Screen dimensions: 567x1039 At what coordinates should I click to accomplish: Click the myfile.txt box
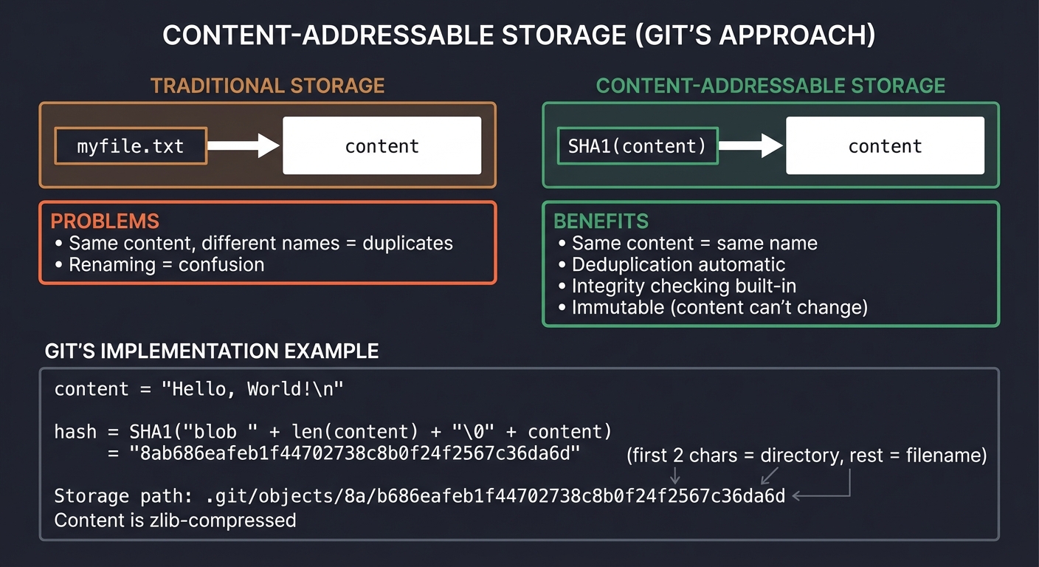tap(131, 146)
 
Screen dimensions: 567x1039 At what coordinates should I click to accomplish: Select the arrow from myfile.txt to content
tap(243, 145)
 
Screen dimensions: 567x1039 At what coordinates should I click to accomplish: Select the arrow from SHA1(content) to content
tap(750, 145)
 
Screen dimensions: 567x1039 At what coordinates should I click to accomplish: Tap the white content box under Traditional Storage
tap(382, 146)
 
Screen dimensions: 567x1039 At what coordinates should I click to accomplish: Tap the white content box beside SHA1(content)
tap(885, 146)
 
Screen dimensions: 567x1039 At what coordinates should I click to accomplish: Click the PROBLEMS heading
tap(105, 221)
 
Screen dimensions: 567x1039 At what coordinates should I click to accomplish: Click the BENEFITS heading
tap(601, 221)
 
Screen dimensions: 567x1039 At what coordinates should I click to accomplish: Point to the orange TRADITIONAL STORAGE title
tap(268, 86)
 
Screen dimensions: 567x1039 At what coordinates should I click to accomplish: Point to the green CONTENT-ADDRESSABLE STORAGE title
tap(770, 86)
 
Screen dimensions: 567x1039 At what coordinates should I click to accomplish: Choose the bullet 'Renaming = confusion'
tap(166, 264)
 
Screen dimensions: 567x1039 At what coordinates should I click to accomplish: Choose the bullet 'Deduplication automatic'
tap(678, 264)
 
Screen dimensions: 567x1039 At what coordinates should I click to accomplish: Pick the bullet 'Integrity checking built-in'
tap(683, 286)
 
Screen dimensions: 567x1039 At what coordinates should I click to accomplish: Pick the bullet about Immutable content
tap(719, 307)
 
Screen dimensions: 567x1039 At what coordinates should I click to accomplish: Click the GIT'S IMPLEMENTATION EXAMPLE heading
tap(212, 351)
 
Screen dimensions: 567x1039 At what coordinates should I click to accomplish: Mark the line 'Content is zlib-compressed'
tap(175, 520)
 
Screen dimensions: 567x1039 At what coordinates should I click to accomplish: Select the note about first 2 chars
tap(807, 456)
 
